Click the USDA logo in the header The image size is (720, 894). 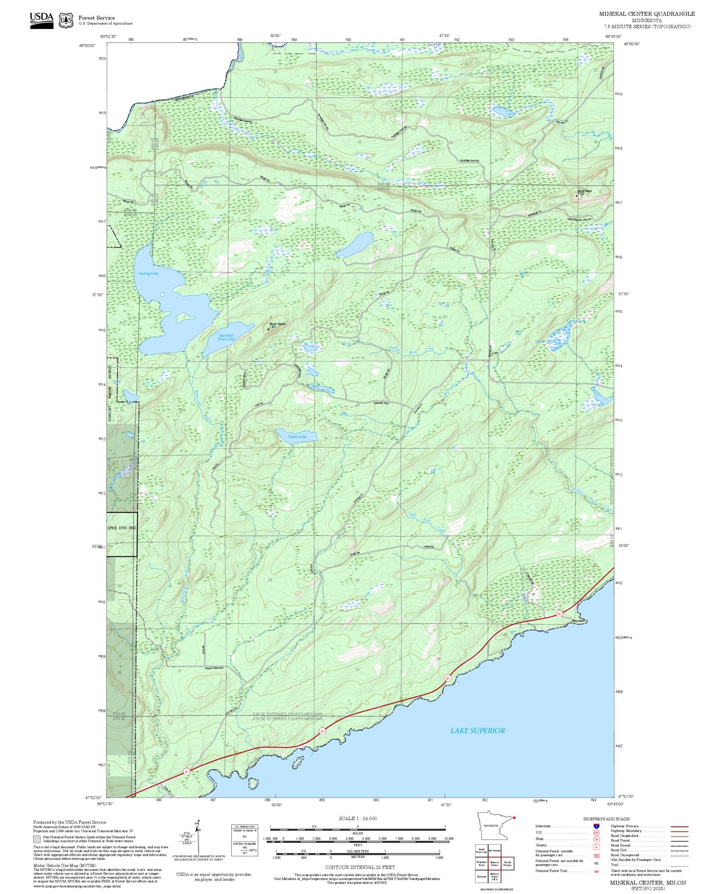click(41, 20)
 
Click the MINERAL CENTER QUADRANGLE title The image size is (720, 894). click(647, 14)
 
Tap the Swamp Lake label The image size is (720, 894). click(148, 273)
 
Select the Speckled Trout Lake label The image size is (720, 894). click(226, 337)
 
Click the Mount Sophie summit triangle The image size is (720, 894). click(269, 328)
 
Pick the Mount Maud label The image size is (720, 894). click(585, 191)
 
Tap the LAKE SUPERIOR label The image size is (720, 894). click(477, 731)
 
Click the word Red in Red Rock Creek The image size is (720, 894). click(413, 515)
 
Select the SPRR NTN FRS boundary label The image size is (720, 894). click(121, 527)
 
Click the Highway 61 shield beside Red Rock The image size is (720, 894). click(559, 614)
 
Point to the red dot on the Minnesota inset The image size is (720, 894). click(514, 818)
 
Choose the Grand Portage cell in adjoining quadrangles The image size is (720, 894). click(507, 863)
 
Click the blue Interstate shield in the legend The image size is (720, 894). click(596, 827)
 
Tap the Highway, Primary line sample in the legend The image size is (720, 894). click(679, 826)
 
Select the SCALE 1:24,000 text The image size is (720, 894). click(358, 818)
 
